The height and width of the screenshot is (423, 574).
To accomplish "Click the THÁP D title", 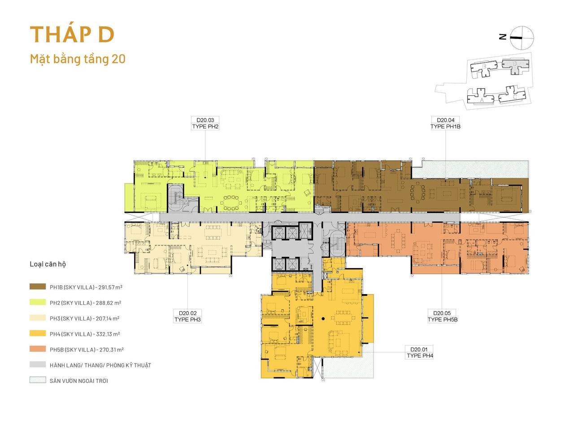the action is click(72, 34).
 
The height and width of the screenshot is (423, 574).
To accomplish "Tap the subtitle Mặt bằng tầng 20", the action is click(78, 59).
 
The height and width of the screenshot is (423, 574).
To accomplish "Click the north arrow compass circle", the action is click(522, 38).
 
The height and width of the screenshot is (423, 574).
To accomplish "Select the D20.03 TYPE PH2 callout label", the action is click(205, 123).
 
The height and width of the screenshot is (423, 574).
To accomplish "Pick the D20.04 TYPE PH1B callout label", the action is click(445, 123).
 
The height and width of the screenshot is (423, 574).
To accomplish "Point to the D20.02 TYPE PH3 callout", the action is click(187, 316).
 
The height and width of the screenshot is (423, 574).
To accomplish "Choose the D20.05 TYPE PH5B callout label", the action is click(443, 316).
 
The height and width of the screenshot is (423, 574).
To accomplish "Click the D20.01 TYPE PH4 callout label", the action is click(420, 352).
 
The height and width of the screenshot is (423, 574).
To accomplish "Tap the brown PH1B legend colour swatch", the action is click(38, 286).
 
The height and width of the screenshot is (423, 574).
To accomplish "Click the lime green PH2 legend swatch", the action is click(38, 302).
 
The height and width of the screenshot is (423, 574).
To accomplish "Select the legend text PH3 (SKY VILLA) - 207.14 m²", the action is click(85, 318).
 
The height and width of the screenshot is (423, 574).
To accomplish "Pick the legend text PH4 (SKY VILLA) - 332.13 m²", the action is click(85, 334).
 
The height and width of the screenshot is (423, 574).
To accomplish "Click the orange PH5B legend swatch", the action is click(38, 349).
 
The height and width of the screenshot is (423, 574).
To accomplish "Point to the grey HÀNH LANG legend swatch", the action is click(38, 364).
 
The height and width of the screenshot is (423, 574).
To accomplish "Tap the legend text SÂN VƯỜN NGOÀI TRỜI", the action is click(79, 380).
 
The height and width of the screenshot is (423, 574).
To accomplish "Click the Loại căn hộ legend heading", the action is click(48, 264).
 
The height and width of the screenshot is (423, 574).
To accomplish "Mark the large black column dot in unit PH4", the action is click(323, 319).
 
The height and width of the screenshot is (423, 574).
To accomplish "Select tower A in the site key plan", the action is click(480, 96).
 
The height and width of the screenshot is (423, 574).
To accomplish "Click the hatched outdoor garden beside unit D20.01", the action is click(348, 365).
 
